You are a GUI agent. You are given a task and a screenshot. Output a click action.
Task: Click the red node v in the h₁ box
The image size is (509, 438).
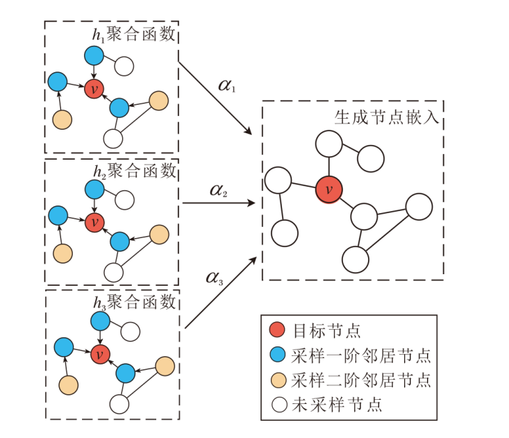click(94, 88)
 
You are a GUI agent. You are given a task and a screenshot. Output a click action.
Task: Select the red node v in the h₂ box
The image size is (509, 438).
click(94, 223)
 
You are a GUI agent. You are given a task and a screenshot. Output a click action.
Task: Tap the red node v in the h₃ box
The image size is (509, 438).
click(100, 353)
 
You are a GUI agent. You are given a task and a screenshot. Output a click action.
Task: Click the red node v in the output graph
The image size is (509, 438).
click(328, 189)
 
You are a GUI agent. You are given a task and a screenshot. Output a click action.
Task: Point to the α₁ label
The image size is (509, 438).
click(227, 86)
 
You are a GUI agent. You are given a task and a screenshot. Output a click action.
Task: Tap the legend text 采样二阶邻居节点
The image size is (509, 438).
click(361, 379)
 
